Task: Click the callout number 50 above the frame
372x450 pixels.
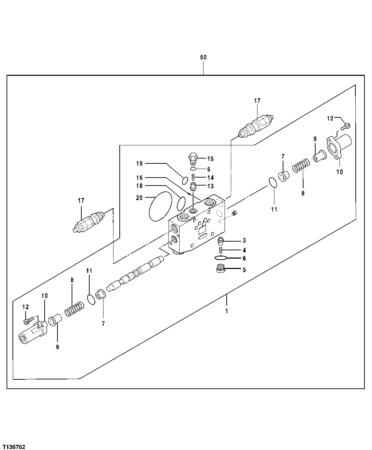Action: (x=203, y=57)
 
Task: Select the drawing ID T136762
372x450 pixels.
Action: (x=13, y=438)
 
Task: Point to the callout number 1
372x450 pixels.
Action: (x=227, y=311)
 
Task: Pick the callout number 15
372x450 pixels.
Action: (x=210, y=159)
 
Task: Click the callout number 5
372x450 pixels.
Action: (x=244, y=270)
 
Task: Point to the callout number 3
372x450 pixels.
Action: (x=244, y=241)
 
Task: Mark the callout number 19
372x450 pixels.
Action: (x=139, y=163)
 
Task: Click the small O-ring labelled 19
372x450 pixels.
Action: (x=185, y=180)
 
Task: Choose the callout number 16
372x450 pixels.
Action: (x=139, y=177)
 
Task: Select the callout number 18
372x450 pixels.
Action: (x=139, y=186)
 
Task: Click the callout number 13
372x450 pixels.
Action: (x=210, y=186)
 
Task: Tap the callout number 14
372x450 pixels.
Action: (x=210, y=178)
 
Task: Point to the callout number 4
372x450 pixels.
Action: (x=244, y=250)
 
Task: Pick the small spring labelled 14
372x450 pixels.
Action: (x=194, y=178)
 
